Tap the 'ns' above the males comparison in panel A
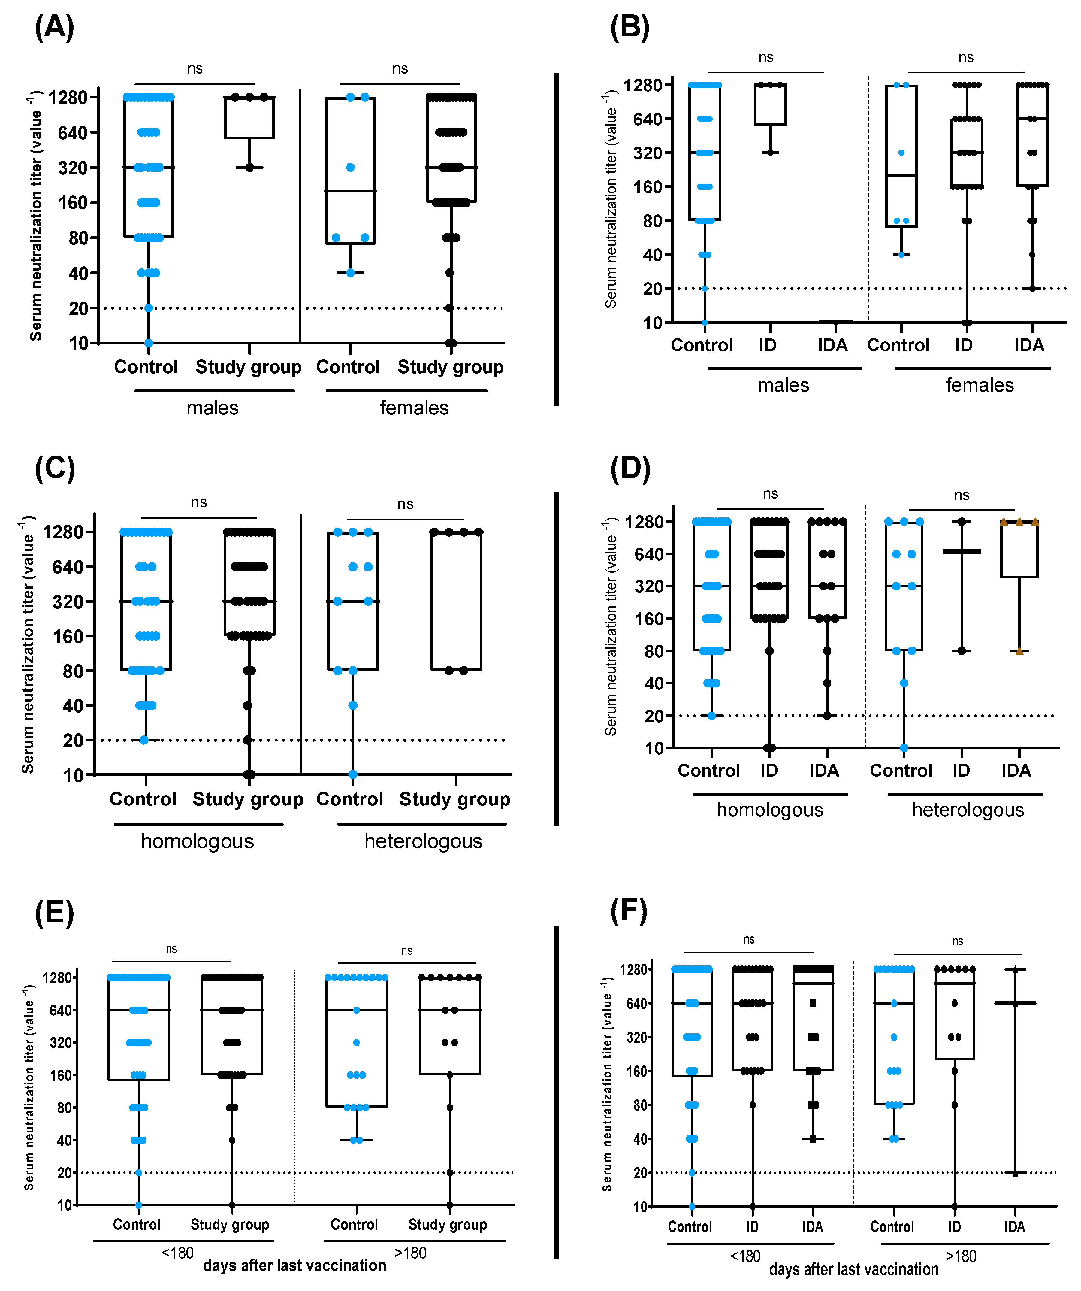point(195,69)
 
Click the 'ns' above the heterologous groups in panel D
point(962,495)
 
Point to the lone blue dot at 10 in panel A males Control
point(148,343)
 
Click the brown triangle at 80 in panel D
point(1019,651)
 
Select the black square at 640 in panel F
point(813,1003)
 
